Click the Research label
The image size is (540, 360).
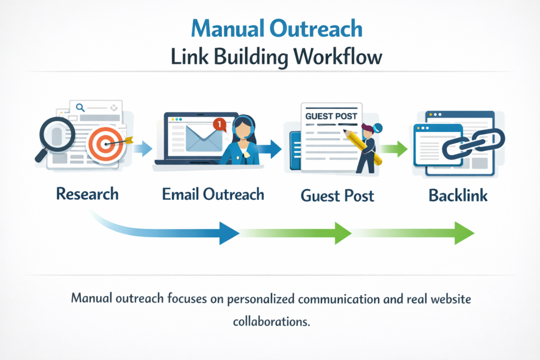click(x=87, y=193)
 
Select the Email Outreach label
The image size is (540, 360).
click(x=213, y=194)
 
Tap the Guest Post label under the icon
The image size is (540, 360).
click(x=337, y=196)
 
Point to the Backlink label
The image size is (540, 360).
click(x=458, y=195)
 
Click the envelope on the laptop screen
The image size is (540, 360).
click(x=205, y=138)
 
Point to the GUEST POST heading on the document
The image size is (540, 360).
click(x=331, y=115)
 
